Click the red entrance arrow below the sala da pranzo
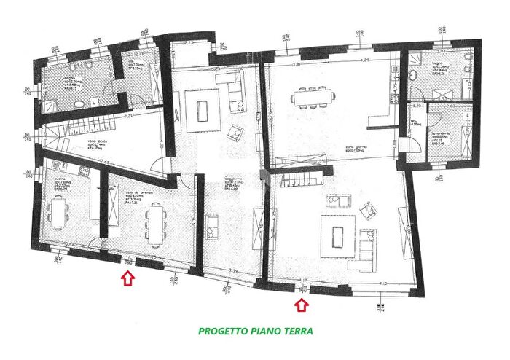(x=127, y=278)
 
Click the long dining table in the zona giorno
(x=314, y=96)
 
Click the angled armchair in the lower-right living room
(x=368, y=212)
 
